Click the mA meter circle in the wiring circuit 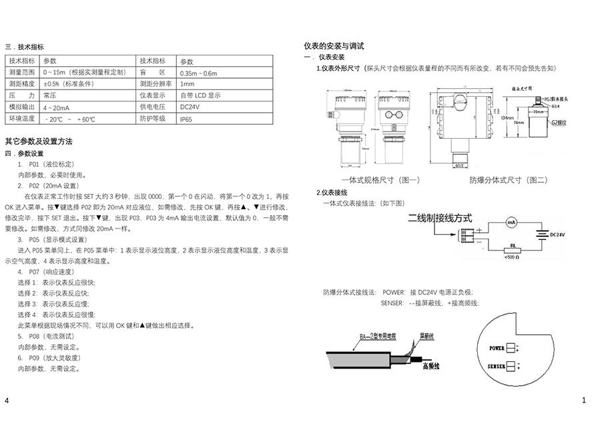click(511, 222)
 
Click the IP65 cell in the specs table click(186, 119)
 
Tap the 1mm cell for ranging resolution click(188, 84)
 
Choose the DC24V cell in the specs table click(190, 107)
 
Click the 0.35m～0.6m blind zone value click(198, 73)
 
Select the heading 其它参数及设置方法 click(39, 142)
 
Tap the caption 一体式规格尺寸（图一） click(380, 180)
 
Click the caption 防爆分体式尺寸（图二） click(508, 180)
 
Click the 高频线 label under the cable click(431, 367)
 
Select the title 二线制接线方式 click(440, 218)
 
